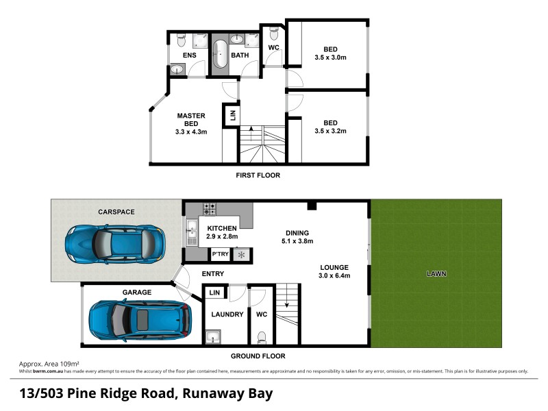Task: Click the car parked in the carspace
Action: click(x=114, y=242)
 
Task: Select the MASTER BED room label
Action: click(x=191, y=123)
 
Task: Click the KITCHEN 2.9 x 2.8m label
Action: click(x=222, y=232)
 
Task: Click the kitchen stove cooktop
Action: click(x=209, y=206)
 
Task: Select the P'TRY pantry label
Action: click(x=220, y=255)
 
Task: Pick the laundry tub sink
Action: click(x=212, y=336)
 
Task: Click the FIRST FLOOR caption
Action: click(x=258, y=175)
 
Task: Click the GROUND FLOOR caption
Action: click(x=258, y=356)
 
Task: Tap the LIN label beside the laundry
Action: click(x=215, y=292)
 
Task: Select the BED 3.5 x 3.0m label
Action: click(x=330, y=53)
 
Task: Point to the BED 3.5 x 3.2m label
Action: click(x=330, y=127)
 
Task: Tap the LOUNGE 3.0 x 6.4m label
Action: click(x=334, y=271)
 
